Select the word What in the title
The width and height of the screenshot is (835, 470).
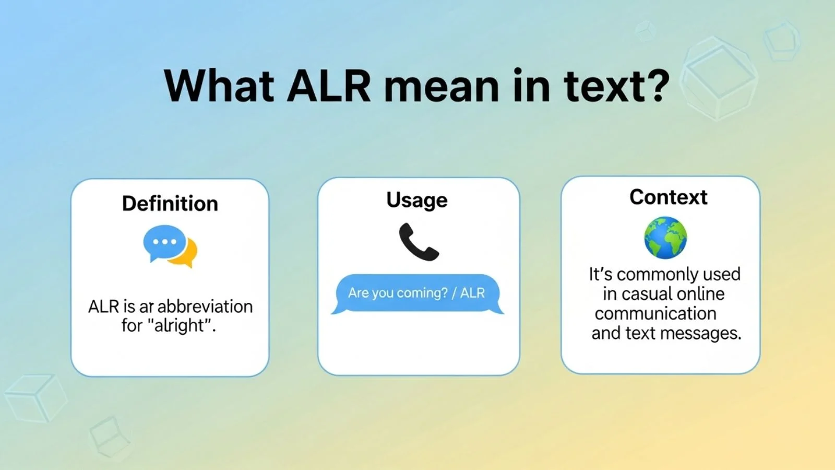click(219, 86)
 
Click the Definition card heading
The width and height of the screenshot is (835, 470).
click(170, 204)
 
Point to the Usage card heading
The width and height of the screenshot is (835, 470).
click(417, 200)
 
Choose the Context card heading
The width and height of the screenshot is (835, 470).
click(668, 197)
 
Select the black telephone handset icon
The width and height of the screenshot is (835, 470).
click(418, 242)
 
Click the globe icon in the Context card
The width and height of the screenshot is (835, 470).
click(665, 238)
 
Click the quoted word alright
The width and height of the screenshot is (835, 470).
click(181, 326)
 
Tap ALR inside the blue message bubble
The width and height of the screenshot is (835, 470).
click(472, 293)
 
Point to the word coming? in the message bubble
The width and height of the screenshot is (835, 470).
click(423, 293)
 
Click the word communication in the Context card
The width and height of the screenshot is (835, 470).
click(655, 314)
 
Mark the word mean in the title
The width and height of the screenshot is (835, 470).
click(442, 86)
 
